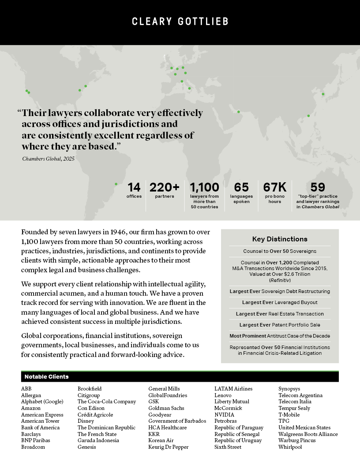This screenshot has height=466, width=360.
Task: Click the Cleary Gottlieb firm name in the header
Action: (180, 22)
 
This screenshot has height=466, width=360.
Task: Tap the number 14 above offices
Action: (134, 188)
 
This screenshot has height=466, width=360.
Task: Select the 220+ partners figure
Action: (165, 188)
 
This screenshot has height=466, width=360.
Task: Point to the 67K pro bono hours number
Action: (275, 188)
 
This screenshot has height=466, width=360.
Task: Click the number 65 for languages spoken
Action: (241, 188)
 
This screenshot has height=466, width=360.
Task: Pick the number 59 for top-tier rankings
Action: (318, 188)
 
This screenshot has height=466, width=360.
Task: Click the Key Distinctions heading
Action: (280, 239)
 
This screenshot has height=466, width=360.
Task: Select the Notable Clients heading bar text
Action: (46, 377)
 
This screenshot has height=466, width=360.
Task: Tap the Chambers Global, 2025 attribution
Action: (49, 158)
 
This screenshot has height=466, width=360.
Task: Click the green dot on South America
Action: (116, 184)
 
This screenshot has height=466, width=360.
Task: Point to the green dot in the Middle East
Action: (239, 112)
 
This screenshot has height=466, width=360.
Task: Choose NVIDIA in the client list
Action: (224, 415)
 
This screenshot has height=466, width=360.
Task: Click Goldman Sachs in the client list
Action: (166, 408)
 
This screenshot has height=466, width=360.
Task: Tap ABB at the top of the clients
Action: (26, 389)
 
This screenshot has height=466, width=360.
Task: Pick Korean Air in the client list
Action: (161, 441)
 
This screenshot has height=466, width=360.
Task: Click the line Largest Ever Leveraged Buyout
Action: (280, 302)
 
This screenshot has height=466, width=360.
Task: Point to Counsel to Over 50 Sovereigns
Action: (280, 251)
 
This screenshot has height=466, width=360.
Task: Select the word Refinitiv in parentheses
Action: (280, 281)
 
